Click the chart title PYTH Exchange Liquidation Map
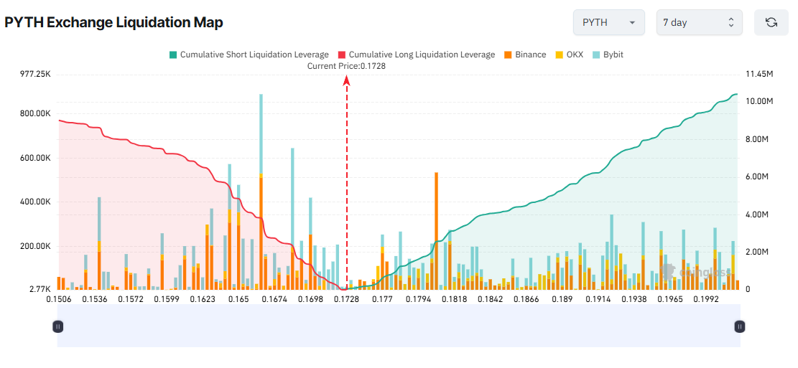(113, 22)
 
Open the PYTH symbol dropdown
(608, 22)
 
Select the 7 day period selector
(699, 22)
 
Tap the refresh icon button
(771, 22)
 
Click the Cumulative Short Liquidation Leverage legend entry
(249, 55)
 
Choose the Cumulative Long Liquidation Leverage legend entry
(416, 55)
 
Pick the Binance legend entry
(525, 55)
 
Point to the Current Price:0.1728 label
(346, 66)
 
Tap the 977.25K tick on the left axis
(35, 74)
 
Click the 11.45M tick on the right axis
(759, 74)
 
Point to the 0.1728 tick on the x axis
(346, 298)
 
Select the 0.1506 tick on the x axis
(59, 298)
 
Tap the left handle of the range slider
(58, 326)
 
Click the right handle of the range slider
(739, 326)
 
